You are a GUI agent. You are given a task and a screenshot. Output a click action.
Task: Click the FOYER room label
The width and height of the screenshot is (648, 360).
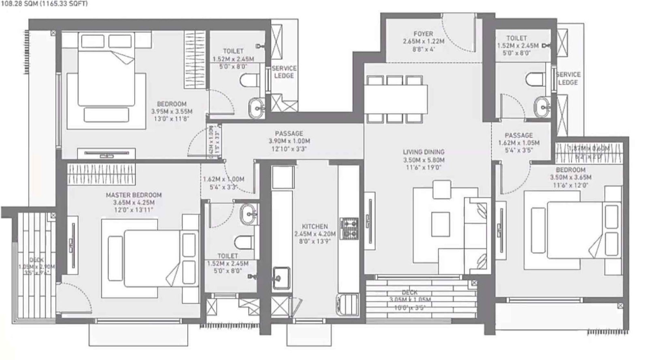pyautogui.click(x=423, y=34)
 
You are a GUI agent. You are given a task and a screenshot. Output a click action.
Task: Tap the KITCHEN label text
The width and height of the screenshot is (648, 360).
pyautogui.click(x=315, y=227)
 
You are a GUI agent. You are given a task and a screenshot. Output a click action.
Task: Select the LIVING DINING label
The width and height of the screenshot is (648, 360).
pyautogui.click(x=424, y=152)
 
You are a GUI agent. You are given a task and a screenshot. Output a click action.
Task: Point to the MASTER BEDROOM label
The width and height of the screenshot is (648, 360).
pyautogui.click(x=134, y=195)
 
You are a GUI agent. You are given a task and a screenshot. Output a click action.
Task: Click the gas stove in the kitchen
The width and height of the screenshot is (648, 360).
pyautogui.click(x=348, y=228)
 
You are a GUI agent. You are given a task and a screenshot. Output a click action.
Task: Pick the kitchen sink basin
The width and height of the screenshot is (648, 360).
pyautogui.click(x=281, y=277)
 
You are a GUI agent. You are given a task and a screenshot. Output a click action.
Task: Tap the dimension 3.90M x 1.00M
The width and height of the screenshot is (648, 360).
pyautogui.click(x=289, y=141)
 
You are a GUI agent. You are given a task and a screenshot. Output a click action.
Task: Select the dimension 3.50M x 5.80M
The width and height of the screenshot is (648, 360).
pyautogui.click(x=424, y=160)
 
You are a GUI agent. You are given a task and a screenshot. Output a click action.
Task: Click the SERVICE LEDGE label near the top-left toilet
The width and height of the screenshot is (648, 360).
pyautogui.click(x=284, y=72)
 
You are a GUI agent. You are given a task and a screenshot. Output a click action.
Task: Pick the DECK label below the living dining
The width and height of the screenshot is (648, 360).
pyautogui.click(x=409, y=292)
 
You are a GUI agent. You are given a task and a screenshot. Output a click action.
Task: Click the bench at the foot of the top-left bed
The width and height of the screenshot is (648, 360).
pyautogui.click(x=109, y=115)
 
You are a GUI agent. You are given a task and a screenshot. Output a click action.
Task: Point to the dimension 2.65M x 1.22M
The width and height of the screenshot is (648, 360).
pyautogui.click(x=423, y=42)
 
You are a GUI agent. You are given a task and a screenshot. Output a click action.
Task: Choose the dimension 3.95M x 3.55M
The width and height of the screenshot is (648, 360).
pyautogui.click(x=172, y=111)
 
